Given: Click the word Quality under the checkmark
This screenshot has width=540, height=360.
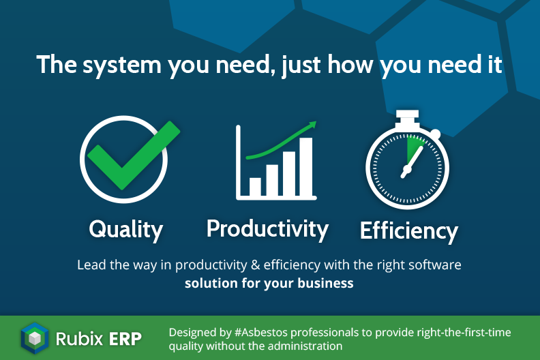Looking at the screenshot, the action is click(x=125, y=230).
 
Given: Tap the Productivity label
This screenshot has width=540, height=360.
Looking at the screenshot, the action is click(x=267, y=229).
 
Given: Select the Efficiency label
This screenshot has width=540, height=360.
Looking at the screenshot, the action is click(x=409, y=231).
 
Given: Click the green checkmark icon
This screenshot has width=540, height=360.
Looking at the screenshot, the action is click(x=134, y=155).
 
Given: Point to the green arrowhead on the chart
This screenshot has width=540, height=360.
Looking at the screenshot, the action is click(x=312, y=124).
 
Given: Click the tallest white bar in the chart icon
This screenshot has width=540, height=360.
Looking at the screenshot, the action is click(x=306, y=167).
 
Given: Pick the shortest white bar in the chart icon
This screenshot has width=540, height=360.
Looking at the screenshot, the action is click(x=255, y=187).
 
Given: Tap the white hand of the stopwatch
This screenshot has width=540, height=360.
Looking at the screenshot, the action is click(x=412, y=162).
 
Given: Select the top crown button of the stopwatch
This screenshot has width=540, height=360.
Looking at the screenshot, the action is click(x=407, y=118).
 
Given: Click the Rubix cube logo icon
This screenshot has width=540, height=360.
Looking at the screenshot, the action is click(x=35, y=338).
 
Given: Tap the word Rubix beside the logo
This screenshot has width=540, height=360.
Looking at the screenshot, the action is click(x=79, y=339).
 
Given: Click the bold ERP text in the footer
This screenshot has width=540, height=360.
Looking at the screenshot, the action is click(x=125, y=339).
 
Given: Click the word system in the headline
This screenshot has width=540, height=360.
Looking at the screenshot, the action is click(x=122, y=65).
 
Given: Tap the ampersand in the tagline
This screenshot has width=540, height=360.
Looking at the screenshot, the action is click(x=255, y=265).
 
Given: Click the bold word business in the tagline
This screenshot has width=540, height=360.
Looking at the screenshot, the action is click(x=325, y=283).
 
